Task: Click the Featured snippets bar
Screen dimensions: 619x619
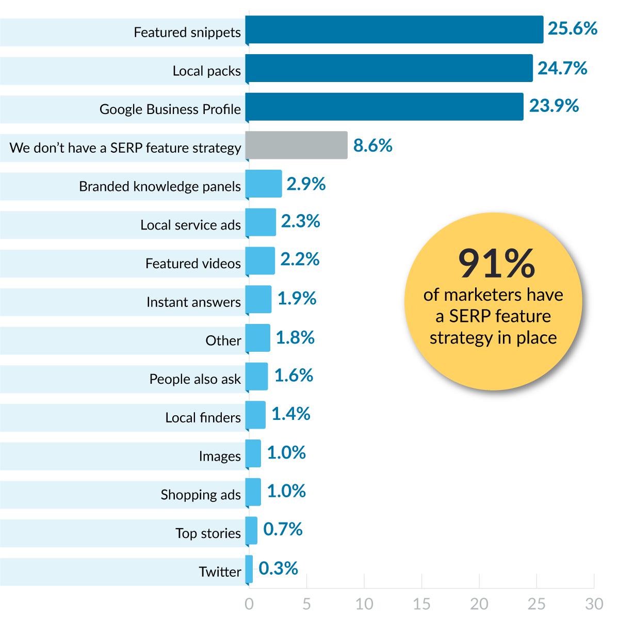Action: (x=394, y=29)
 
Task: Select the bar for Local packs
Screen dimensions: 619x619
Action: (x=389, y=68)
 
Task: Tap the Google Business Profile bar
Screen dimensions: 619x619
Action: (x=384, y=107)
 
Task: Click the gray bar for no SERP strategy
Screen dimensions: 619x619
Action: (x=296, y=145)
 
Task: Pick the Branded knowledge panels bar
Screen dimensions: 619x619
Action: (x=264, y=184)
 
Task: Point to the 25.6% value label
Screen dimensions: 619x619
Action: (x=572, y=28)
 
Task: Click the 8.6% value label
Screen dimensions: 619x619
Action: (x=372, y=145)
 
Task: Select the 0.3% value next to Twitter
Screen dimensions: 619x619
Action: (x=278, y=568)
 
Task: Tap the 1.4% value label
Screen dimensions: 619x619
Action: (x=290, y=414)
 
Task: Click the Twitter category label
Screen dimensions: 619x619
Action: (x=220, y=572)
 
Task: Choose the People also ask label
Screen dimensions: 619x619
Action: (x=195, y=379)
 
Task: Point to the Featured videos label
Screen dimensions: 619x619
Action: (x=193, y=264)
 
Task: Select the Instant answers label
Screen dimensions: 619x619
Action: (x=193, y=302)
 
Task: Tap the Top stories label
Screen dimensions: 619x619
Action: (x=208, y=533)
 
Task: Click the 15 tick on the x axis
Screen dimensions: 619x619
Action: (x=421, y=604)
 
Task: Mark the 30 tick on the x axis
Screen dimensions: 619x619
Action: (x=594, y=604)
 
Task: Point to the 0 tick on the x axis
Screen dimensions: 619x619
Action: (x=249, y=604)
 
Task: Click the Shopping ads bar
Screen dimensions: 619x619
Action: (x=253, y=492)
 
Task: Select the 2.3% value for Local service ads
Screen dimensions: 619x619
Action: (x=300, y=221)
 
